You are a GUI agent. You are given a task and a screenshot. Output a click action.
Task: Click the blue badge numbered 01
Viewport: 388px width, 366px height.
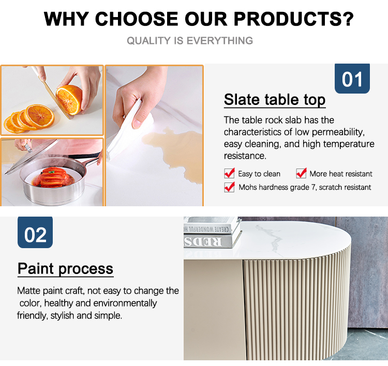coord(352,79)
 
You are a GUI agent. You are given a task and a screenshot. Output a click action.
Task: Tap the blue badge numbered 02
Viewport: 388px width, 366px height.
coord(35,232)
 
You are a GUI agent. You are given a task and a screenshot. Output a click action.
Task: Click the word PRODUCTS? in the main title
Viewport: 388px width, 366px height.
coord(294,19)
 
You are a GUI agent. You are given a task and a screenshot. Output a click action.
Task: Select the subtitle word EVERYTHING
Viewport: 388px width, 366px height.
coord(220,40)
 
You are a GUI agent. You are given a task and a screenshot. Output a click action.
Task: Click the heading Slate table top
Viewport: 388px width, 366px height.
coord(275,100)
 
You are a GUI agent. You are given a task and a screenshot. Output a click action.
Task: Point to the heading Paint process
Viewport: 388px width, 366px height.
coord(66,269)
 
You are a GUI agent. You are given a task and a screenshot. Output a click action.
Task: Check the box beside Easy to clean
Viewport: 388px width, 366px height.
coord(229,173)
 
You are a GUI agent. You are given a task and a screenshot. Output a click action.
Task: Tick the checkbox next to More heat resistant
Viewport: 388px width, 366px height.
coord(301,173)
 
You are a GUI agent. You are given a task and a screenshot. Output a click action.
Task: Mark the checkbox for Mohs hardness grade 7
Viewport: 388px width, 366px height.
coord(229,187)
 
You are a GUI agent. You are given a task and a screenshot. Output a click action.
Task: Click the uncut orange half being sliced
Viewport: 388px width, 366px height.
coord(69,99)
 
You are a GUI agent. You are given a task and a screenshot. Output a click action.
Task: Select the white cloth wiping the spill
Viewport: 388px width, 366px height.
coord(129,131)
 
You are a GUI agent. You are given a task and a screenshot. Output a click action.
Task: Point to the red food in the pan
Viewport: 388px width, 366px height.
coord(53,177)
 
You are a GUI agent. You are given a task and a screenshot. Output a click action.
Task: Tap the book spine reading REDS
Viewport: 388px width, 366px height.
coord(203,241)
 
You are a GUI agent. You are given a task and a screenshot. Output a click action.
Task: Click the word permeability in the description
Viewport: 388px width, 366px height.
coord(338,132)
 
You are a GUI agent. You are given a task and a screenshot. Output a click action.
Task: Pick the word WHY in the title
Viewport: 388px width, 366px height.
coord(66,19)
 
